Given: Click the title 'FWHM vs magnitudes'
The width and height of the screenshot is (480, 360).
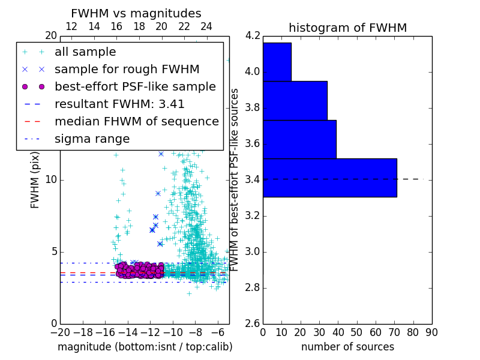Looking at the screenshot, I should [x=136, y=13].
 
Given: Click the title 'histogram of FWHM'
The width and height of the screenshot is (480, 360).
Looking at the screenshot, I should [x=347, y=28].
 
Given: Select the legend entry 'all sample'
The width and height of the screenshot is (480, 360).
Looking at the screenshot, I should [x=85, y=52].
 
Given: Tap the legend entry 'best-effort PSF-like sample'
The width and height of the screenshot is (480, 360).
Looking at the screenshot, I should [x=135, y=87].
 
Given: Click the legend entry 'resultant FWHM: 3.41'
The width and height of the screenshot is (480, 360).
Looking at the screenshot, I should [x=119, y=104].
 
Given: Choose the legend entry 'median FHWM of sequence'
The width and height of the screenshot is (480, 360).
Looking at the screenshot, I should [x=136, y=122].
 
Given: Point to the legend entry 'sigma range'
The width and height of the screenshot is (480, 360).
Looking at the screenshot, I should [x=92, y=139].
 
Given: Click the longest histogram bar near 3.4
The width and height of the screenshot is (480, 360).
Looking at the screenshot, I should [x=329, y=178].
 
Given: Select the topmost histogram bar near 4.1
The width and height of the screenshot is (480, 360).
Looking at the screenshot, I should [x=277, y=62].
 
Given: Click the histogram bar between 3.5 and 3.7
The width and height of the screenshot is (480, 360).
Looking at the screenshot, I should [x=299, y=139].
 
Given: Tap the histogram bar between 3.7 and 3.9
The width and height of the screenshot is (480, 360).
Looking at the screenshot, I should [x=295, y=101].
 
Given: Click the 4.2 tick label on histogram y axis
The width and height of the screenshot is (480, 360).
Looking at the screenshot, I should [x=253, y=36].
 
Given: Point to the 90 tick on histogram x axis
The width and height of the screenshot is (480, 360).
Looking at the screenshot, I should [x=431, y=332].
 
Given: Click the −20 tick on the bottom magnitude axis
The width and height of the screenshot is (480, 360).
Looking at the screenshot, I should [x=60, y=332].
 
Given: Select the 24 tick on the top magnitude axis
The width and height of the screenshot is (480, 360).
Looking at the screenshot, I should [x=206, y=26].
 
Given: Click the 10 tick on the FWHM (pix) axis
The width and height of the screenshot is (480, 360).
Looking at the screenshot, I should [x=51, y=180].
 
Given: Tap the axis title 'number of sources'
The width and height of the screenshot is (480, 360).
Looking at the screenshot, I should [x=347, y=347].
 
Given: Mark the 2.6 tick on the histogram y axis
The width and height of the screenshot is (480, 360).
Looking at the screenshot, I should [x=253, y=324].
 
